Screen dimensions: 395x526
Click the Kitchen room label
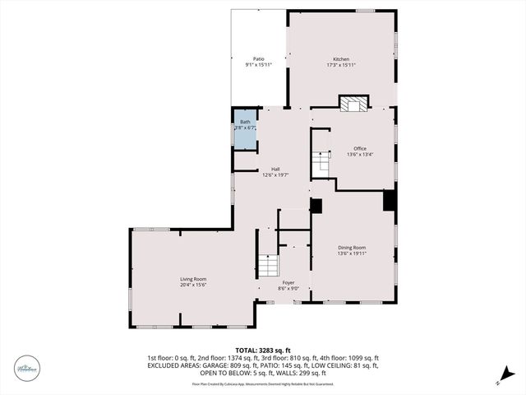[x=341, y=59]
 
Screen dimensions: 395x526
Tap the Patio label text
[x=258, y=59]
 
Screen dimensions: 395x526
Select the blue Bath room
[x=245, y=130]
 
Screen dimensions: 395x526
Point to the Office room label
[x=360, y=149]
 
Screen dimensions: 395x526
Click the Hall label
[x=275, y=170]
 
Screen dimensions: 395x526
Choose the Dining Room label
[x=352, y=248]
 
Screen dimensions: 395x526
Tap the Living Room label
[x=193, y=280]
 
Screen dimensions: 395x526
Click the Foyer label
[x=288, y=282]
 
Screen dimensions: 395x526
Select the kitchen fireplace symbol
[x=355, y=103]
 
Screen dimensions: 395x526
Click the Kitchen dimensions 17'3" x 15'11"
[x=341, y=65]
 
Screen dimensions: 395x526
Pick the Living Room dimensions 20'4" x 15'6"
[x=193, y=286]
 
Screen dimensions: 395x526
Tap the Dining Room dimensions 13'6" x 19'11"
[x=352, y=253]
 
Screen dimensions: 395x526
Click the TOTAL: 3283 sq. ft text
[x=263, y=350]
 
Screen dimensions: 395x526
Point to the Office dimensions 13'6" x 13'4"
[x=360, y=155]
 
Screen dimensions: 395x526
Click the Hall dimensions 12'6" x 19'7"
[x=275, y=175]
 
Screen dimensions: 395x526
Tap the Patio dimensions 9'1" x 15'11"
[x=258, y=65]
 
